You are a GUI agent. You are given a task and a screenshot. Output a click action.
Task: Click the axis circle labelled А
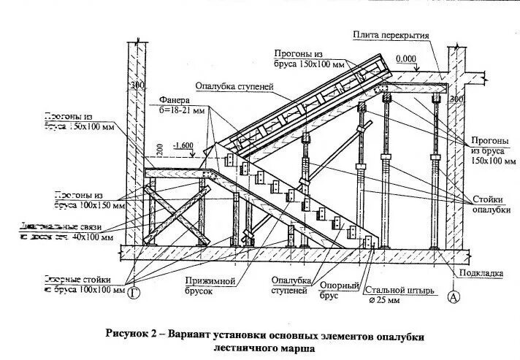coord(454,296)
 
